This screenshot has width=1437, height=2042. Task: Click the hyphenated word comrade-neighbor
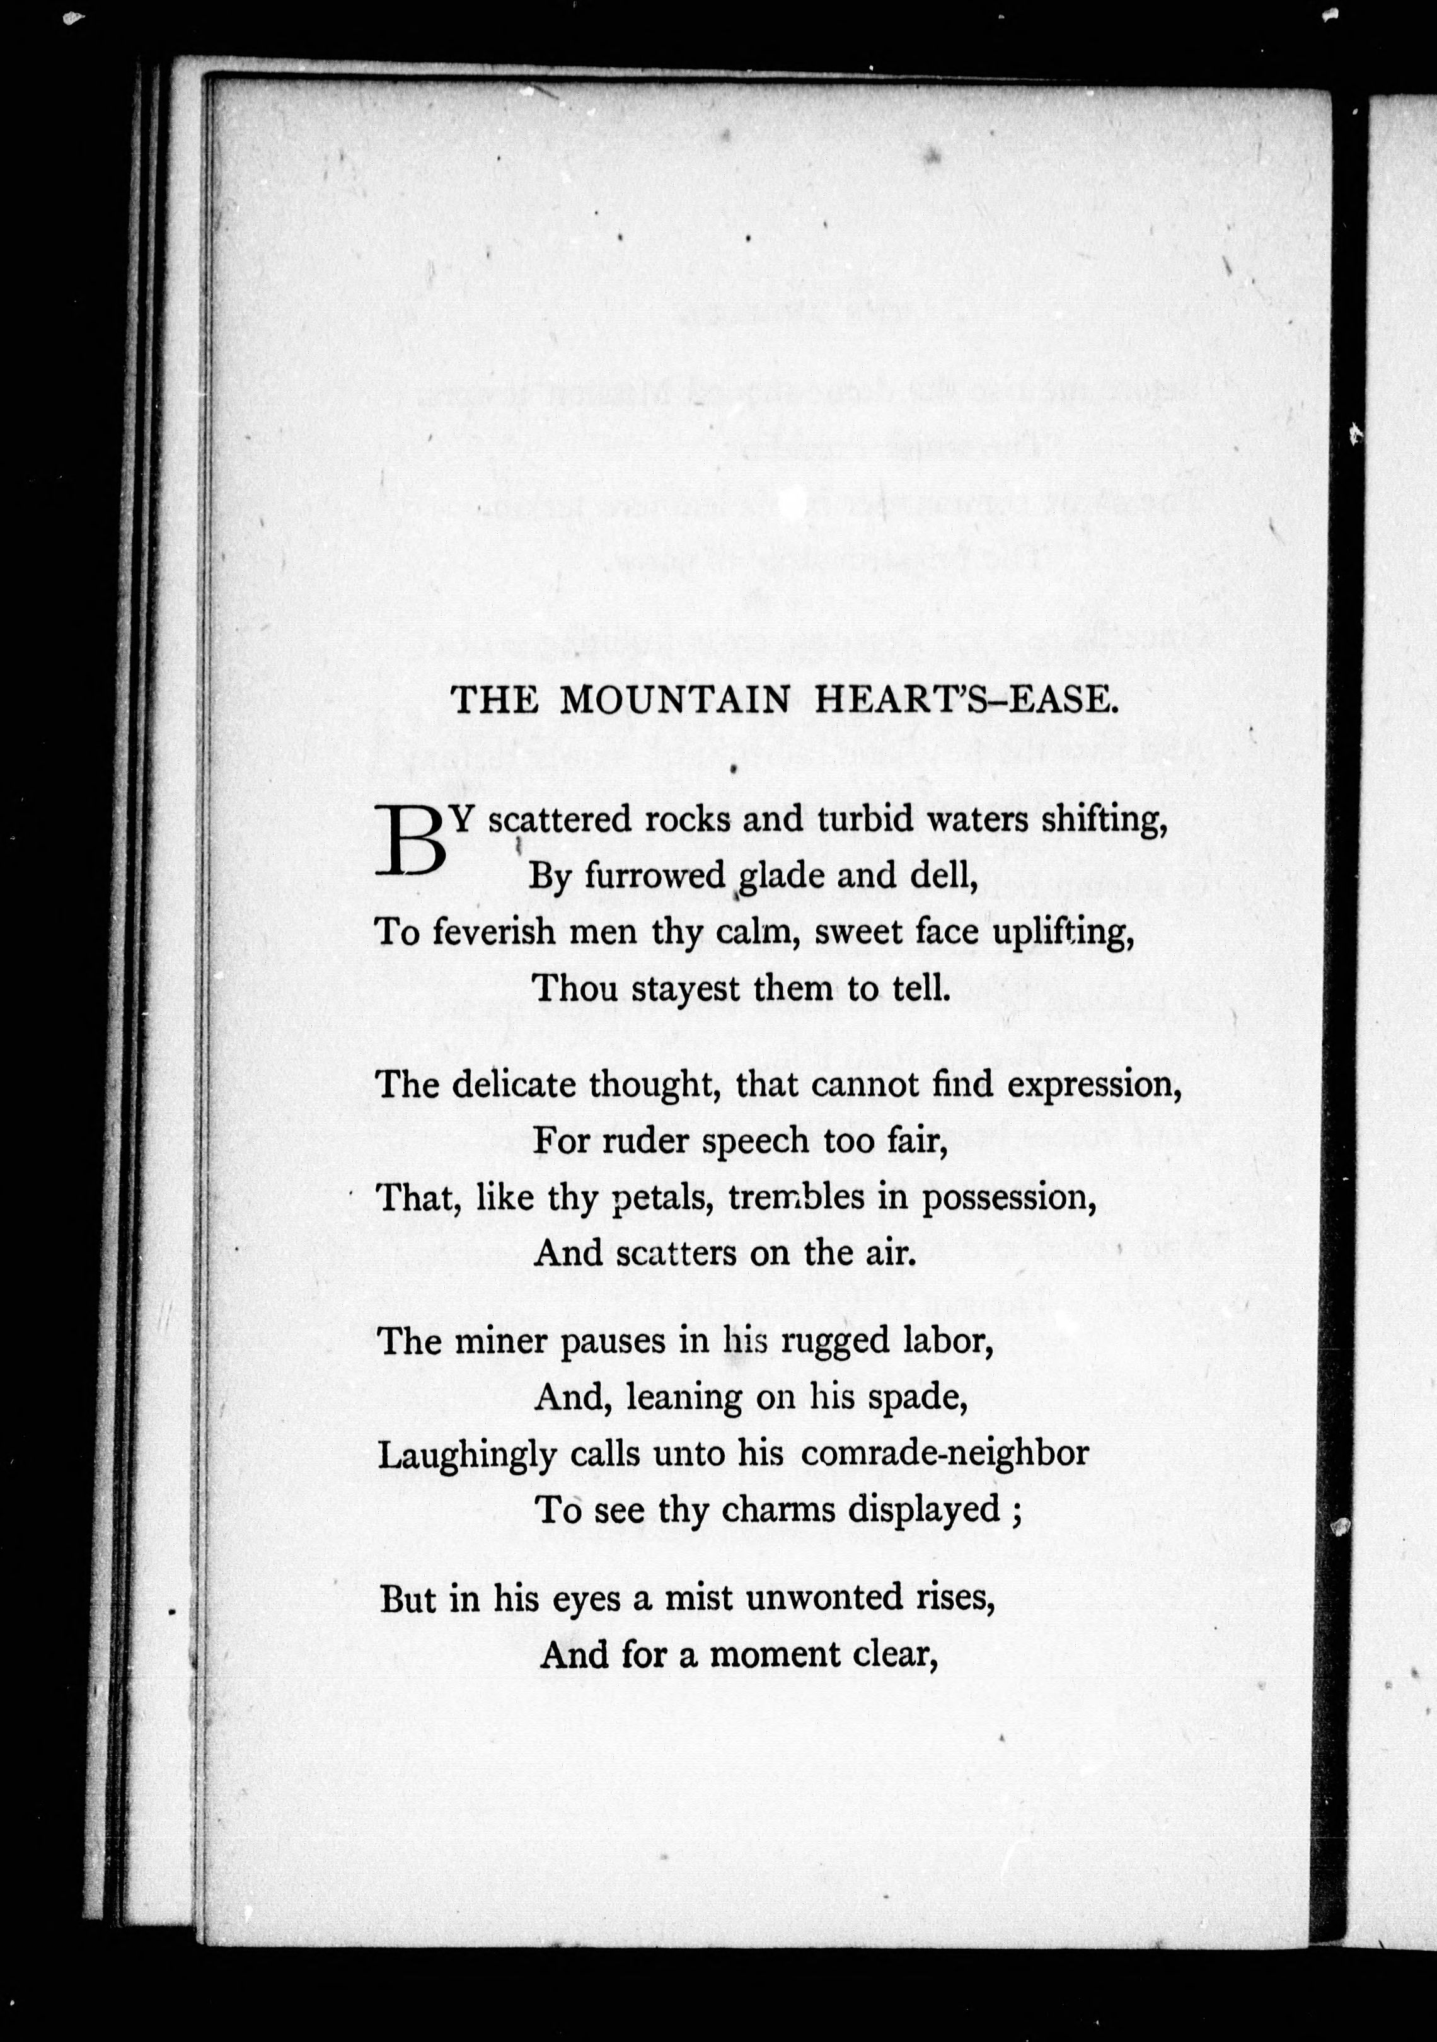[944, 1453]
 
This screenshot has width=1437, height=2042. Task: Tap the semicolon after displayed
[1015, 1512]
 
